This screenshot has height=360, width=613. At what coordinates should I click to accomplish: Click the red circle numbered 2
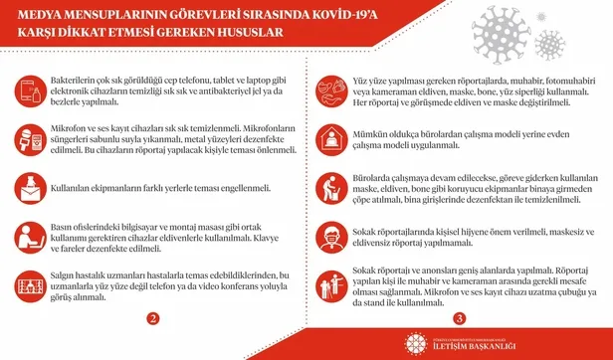pyautogui.click(x=152, y=319)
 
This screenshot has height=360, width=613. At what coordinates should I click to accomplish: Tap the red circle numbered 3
pyautogui.click(x=460, y=319)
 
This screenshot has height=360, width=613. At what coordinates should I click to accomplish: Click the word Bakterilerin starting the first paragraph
pyautogui.click(x=75, y=78)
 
